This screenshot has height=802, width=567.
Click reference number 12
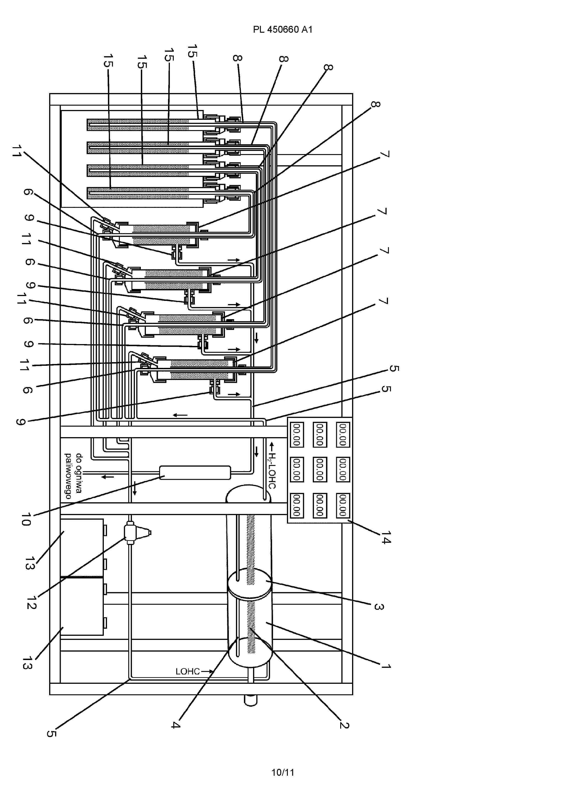pyautogui.click(x=32, y=602)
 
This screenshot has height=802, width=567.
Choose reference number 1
pyautogui.click(x=386, y=666)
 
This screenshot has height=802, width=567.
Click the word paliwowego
pyautogui.click(x=68, y=476)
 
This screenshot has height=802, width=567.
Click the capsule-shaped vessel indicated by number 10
pyautogui.click(x=195, y=472)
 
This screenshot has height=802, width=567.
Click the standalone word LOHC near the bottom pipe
pyautogui.click(x=188, y=671)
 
